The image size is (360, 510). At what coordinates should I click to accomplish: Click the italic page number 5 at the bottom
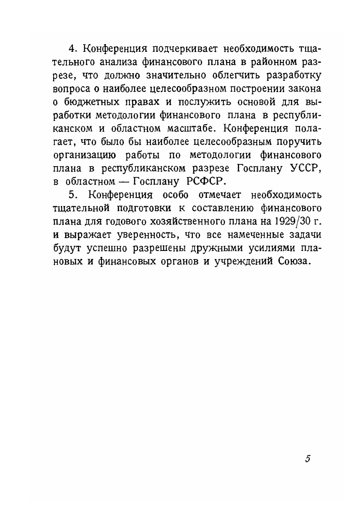tap(307, 459)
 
